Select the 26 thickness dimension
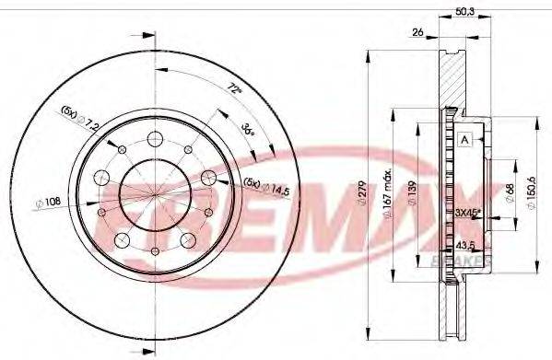coord(418,33)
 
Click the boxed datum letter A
coord(464,139)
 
